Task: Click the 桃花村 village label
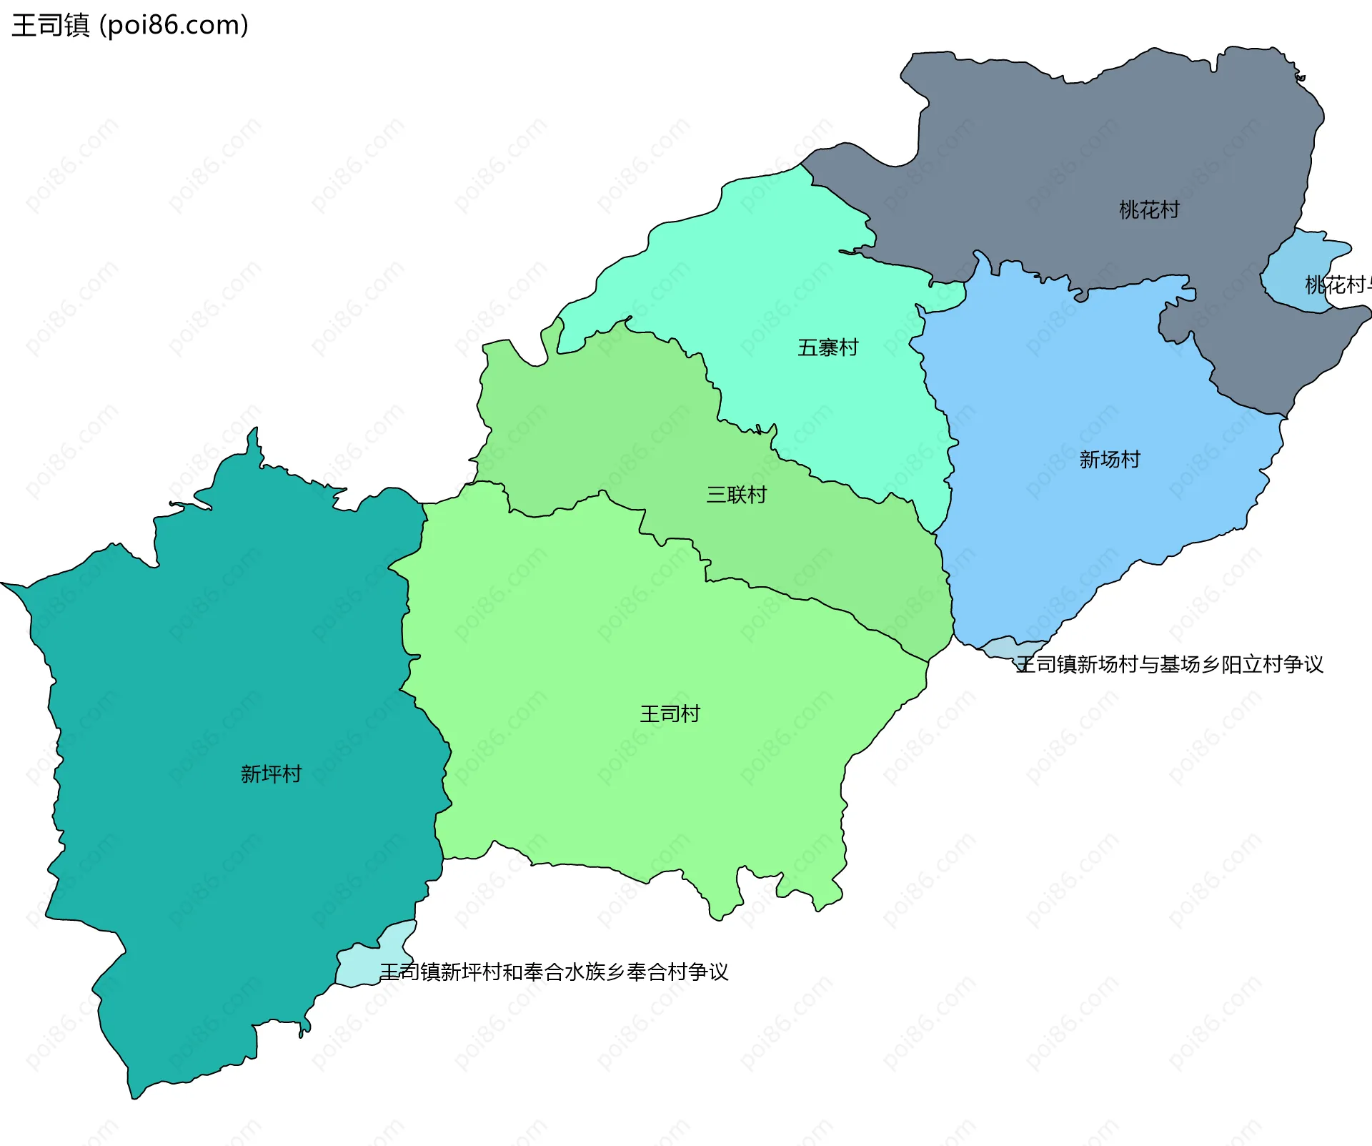pos(1148,209)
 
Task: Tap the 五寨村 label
pos(827,347)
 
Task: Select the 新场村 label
pos(1109,459)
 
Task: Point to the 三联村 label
pos(736,494)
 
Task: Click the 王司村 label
pos(670,713)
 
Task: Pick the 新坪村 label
pos(271,774)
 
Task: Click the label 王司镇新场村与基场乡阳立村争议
pos(1169,664)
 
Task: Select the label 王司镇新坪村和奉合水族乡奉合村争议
pos(554,972)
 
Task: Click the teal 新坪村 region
pos(214,679)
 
